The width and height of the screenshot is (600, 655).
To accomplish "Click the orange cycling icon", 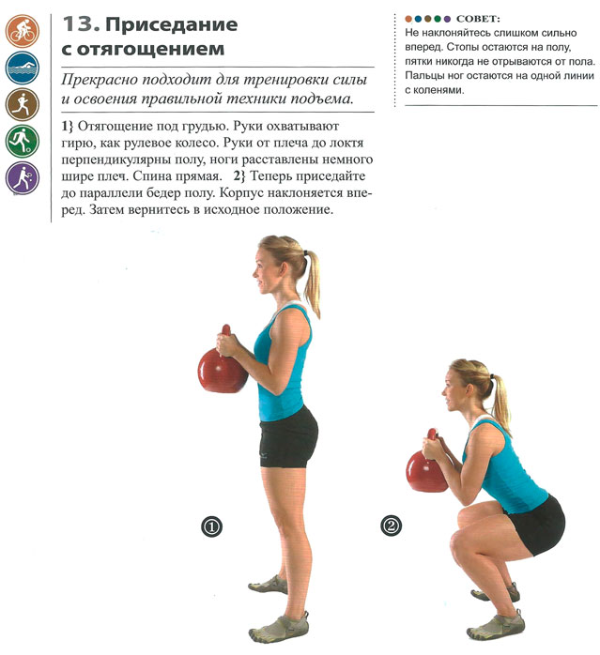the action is (x=23, y=31).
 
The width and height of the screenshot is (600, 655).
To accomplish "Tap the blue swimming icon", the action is (x=23, y=69).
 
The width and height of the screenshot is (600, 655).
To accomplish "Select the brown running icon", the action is (x=23, y=104).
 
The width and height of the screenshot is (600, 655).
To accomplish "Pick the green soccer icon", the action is (x=23, y=141).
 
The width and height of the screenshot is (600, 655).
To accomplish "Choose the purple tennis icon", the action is (x=23, y=178).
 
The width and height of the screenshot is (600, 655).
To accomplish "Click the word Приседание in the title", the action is (x=172, y=25).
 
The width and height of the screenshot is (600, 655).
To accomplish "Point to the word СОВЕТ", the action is (x=478, y=19).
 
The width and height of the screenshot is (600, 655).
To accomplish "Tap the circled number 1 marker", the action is (x=211, y=526).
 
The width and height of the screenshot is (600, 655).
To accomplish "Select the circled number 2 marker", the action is (x=392, y=526).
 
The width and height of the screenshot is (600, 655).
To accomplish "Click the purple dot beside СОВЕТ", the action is (x=447, y=19).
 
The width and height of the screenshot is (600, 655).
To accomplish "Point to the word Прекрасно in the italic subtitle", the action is (x=100, y=80).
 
